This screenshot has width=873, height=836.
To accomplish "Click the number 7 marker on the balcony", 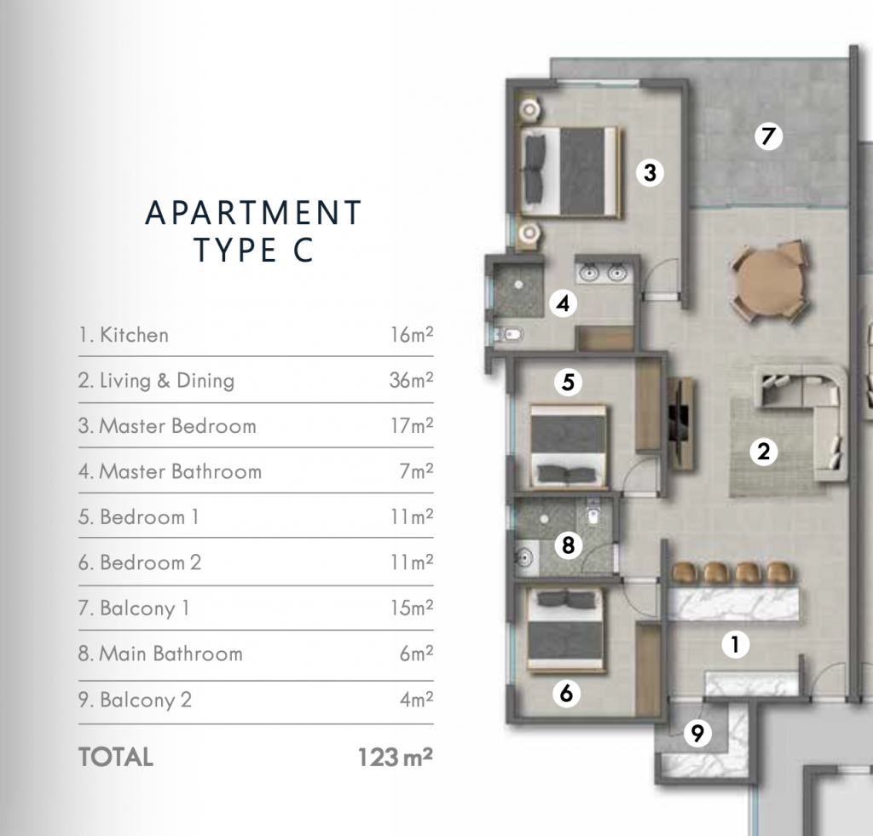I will click(769, 136).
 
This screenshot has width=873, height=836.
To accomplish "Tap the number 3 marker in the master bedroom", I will click(650, 174).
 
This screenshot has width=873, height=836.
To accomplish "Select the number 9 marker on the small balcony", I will click(697, 733).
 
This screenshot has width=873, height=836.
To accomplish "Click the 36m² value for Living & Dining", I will click(411, 380).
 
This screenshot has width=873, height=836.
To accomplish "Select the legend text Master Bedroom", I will click(177, 426).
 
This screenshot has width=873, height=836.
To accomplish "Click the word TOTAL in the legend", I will click(115, 757).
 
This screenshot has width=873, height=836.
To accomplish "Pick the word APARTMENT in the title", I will click(254, 213).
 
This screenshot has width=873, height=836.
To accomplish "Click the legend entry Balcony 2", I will click(146, 701).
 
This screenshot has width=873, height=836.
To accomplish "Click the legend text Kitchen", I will click(134, 335).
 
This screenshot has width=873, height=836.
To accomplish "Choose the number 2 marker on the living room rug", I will click(763, 452).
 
